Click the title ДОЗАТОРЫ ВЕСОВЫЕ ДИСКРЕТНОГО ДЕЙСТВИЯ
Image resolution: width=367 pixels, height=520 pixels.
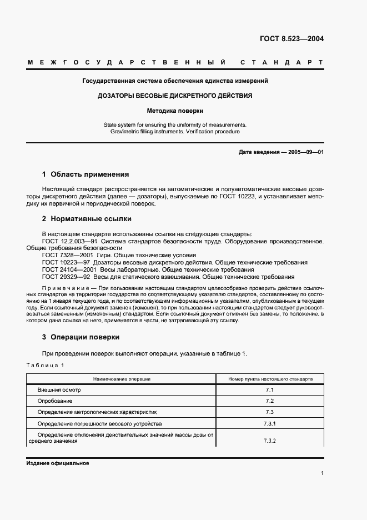coord(175,96)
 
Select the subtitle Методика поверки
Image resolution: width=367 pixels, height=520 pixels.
coord(175,111)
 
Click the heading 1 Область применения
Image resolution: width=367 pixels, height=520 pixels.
coord(86,174)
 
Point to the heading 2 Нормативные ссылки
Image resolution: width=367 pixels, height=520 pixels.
coord(87,219)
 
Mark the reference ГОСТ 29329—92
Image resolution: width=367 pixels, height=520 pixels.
coord(63,277)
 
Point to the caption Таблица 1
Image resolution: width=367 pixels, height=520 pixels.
coord(46,365)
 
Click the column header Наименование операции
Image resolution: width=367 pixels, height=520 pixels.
coord(122,379)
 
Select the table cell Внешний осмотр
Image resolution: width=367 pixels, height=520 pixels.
coord(55,390)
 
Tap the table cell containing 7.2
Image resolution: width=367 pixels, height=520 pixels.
coord(270,401)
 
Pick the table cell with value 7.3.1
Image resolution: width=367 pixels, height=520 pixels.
coord(270,423)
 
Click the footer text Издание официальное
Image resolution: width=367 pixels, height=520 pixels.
coord(57,463)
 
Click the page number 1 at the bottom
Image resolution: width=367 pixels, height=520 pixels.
coord(322,473)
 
